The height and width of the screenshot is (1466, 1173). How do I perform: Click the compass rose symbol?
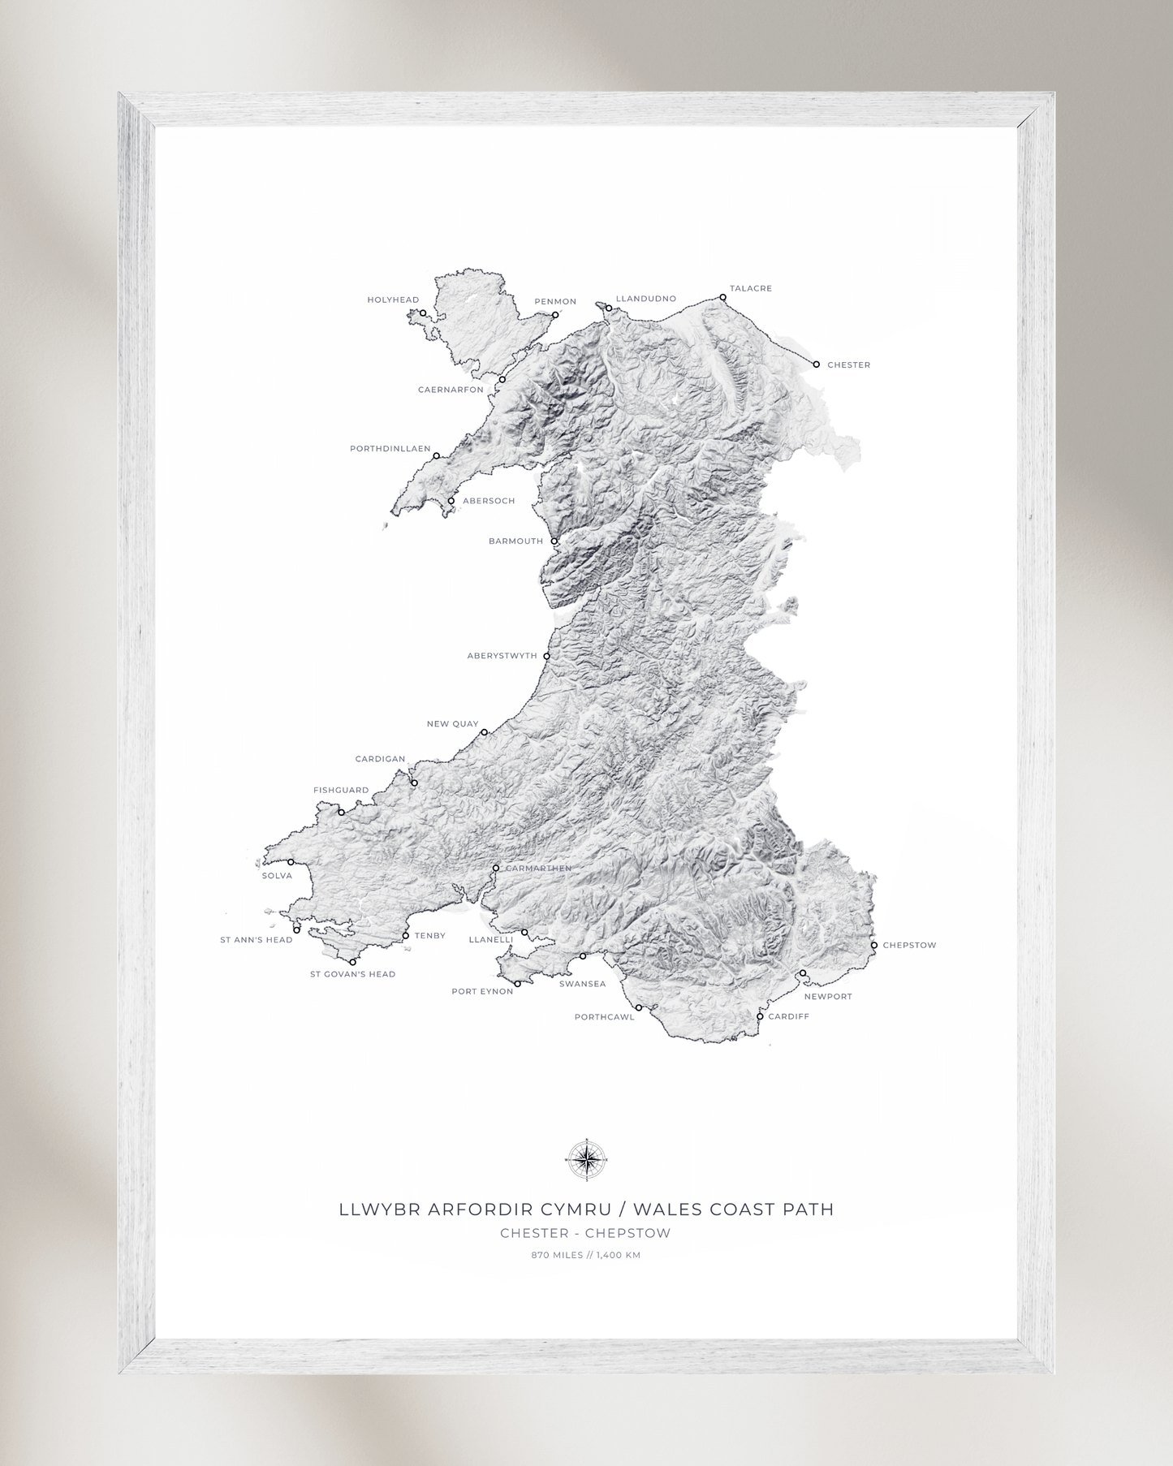586,1159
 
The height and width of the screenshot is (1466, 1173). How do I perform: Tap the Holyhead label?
393,300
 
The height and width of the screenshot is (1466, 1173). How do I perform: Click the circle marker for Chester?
817,364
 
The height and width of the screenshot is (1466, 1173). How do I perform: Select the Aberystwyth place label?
502,656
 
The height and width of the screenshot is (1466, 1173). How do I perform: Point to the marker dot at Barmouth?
554,541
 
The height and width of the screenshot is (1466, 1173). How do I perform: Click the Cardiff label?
789,1016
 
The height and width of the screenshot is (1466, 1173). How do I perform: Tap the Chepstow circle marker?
874,946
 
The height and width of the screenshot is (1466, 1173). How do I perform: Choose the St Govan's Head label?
352,974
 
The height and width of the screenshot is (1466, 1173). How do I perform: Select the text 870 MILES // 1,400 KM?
586,1255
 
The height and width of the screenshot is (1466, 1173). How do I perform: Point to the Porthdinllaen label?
390,449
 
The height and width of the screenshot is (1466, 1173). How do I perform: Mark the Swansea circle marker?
583,956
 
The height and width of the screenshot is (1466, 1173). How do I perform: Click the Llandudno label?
646,299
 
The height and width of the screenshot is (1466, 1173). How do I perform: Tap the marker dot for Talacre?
723,298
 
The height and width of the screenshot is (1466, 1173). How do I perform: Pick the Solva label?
277,876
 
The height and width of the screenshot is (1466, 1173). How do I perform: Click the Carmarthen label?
538,869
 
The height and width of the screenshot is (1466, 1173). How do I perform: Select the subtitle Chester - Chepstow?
585,1233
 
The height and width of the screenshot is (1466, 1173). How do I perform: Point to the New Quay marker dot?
485,732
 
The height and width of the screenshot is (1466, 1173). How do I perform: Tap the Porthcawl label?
604,1017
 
